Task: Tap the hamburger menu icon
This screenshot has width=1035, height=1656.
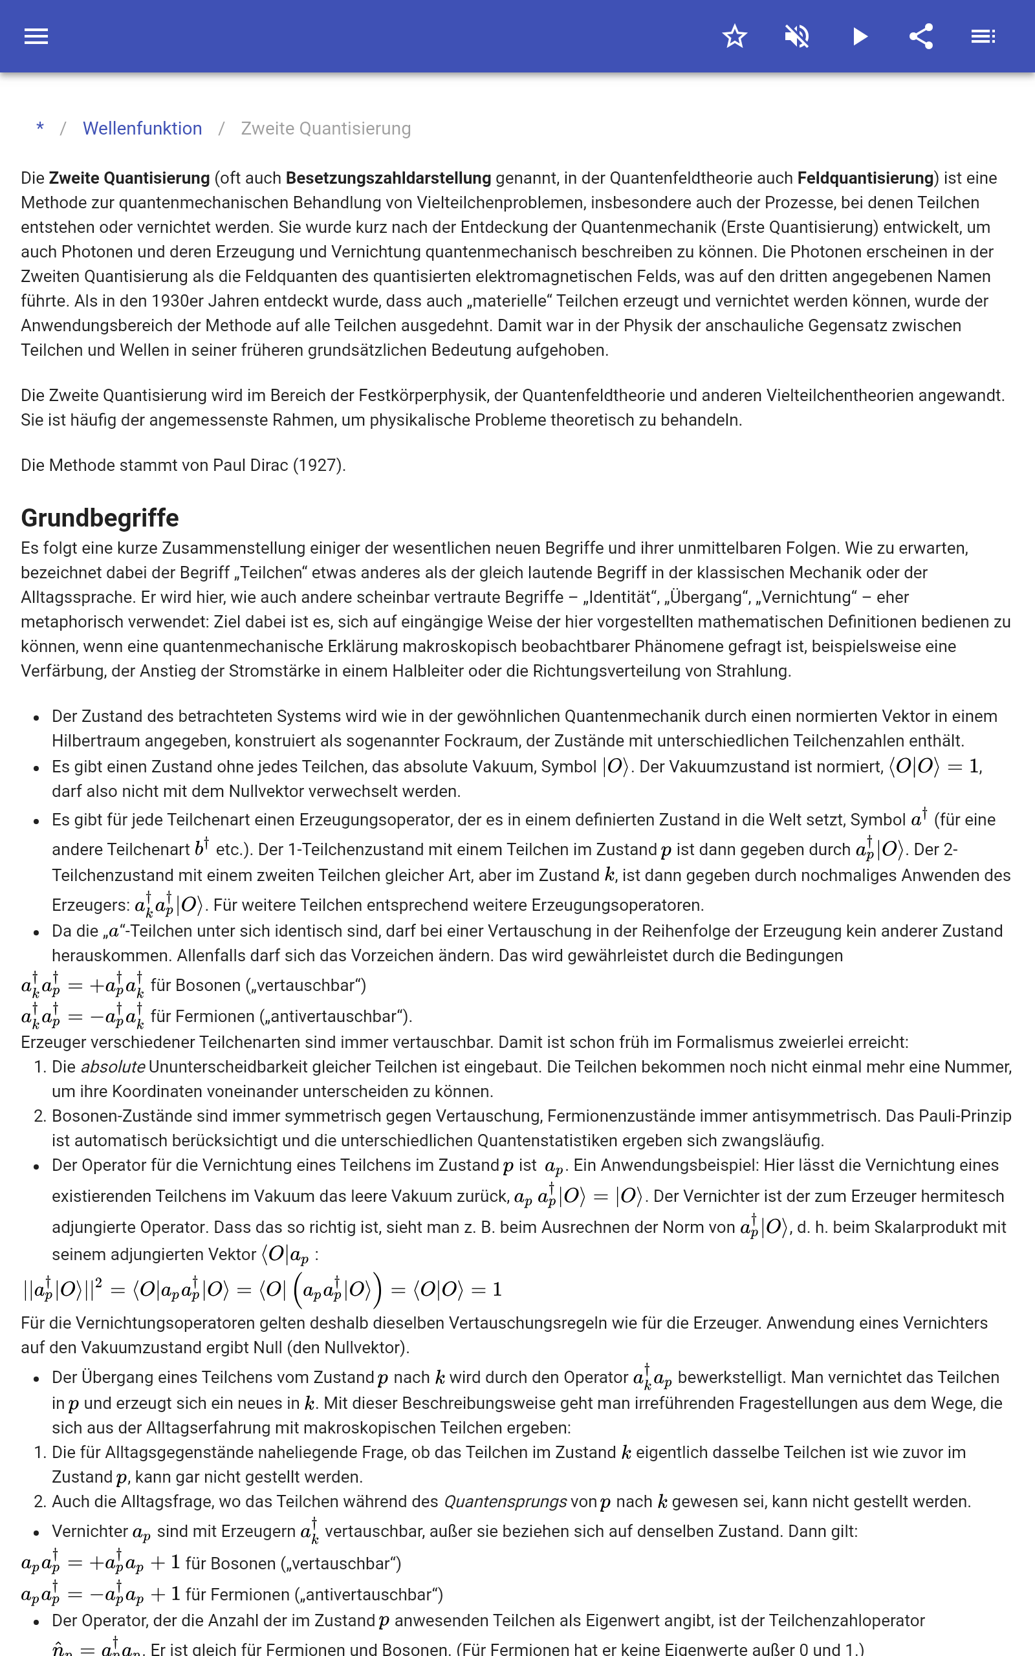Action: pyautogui.click(x=36, y=36)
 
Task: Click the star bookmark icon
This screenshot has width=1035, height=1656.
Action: pyautogui.click(x=734, y=36)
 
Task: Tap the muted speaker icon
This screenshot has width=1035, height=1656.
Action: pyautogui.click(x=797, y=36)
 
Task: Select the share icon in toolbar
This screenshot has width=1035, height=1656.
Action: pyautogui.click(x=921, y=36)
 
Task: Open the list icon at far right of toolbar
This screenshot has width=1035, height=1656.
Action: pyautogui.click(x=983, y=36)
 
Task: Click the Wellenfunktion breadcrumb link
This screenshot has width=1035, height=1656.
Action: pyautogui.click(x=142, y=129)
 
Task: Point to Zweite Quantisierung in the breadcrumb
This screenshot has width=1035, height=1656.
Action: pyautogui.click(x=326, y=129)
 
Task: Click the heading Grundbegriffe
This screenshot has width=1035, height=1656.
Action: pyautogui.click(x=100, y=518)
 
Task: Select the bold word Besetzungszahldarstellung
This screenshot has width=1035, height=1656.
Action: pyautogui.click(x=388, y=178)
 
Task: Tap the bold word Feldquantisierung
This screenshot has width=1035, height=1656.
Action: pyautogui.click(x=866, y=178)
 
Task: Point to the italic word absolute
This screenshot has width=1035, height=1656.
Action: pyautogui.click(x=113, y=1067)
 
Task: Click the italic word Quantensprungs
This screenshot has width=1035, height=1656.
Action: pyautogui.click(x=505, y=1501)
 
